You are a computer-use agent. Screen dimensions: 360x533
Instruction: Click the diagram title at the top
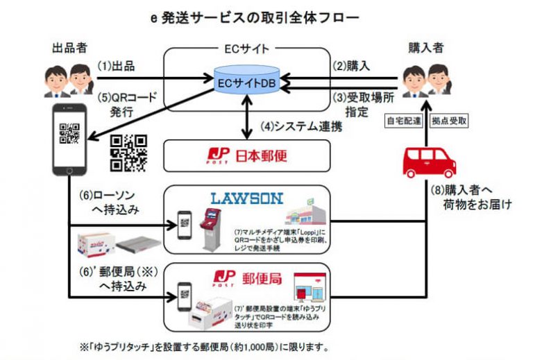click(267, 15)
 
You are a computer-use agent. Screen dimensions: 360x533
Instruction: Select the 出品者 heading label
click(67, 49)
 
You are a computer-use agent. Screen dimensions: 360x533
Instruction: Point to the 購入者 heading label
click(424, 49)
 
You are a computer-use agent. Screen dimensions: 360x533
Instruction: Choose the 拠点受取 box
click(449, 121)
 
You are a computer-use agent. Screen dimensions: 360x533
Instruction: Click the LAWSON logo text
click(246, 198)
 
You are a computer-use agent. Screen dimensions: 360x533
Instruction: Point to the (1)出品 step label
click(116, 67)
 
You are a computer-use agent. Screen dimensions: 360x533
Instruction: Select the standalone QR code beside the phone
click(128, 152)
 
